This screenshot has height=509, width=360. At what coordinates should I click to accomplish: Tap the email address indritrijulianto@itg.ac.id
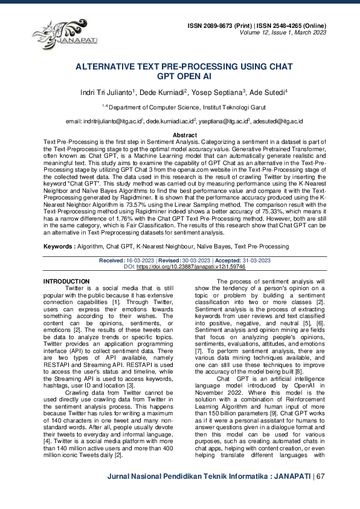pyautogui.click(x=112, y=122)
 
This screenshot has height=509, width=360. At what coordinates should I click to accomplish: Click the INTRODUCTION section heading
pyautogui.click(x=67, y=299)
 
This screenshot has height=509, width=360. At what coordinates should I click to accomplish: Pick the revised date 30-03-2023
pyautogui.click(x=199, y=277)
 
